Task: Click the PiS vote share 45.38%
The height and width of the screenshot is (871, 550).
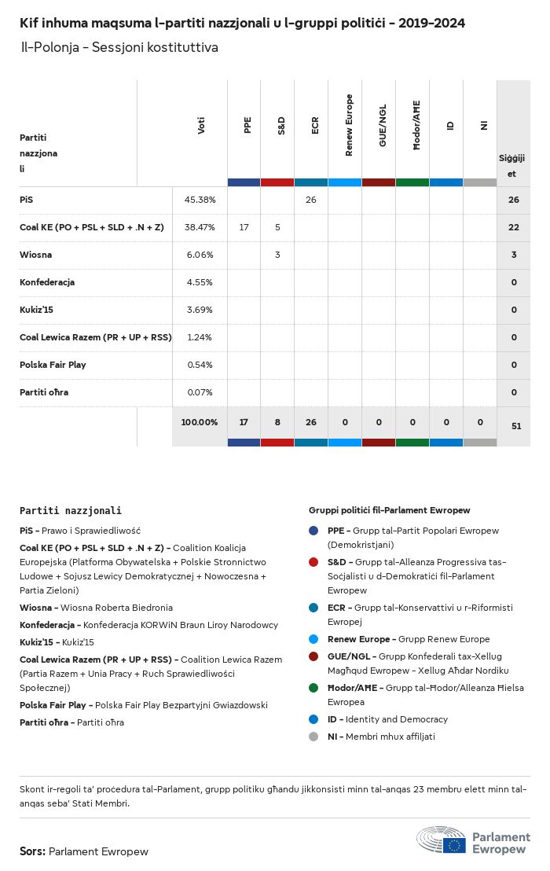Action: [x=200, y=200]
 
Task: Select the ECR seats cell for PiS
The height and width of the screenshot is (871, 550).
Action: [x=311, y=200]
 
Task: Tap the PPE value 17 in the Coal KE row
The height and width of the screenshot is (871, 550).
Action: [x=244, y=227]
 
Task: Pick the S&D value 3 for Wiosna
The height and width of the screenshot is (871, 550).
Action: [x=277, y=255]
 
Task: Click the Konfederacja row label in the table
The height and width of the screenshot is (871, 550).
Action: [x=47, y=282]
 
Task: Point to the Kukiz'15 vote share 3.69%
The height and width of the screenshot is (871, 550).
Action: [x=200, y=310]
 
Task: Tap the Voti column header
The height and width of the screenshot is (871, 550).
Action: [x=201, y=126]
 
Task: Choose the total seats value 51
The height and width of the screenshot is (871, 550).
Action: [x=516, y=425]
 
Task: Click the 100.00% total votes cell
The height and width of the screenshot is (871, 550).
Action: [x=200, y=423]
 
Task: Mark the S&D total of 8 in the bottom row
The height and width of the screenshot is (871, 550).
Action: [x=277, y=423]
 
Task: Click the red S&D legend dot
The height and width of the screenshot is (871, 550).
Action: [x=313, y=562]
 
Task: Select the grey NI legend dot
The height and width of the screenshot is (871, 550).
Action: [x=313, y=737]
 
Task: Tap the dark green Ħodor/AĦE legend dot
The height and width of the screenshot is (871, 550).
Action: [x=313, y=688]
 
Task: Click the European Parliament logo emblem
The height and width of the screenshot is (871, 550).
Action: [x=442, y=840]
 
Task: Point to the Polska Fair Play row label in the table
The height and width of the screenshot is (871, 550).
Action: [x=53, y=365]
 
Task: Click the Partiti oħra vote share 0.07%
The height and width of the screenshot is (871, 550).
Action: [x=200, y=392]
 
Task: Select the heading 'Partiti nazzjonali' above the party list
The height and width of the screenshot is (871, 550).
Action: [x=71, y=511]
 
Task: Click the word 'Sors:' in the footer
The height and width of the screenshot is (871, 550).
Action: [x=32, y=851]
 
